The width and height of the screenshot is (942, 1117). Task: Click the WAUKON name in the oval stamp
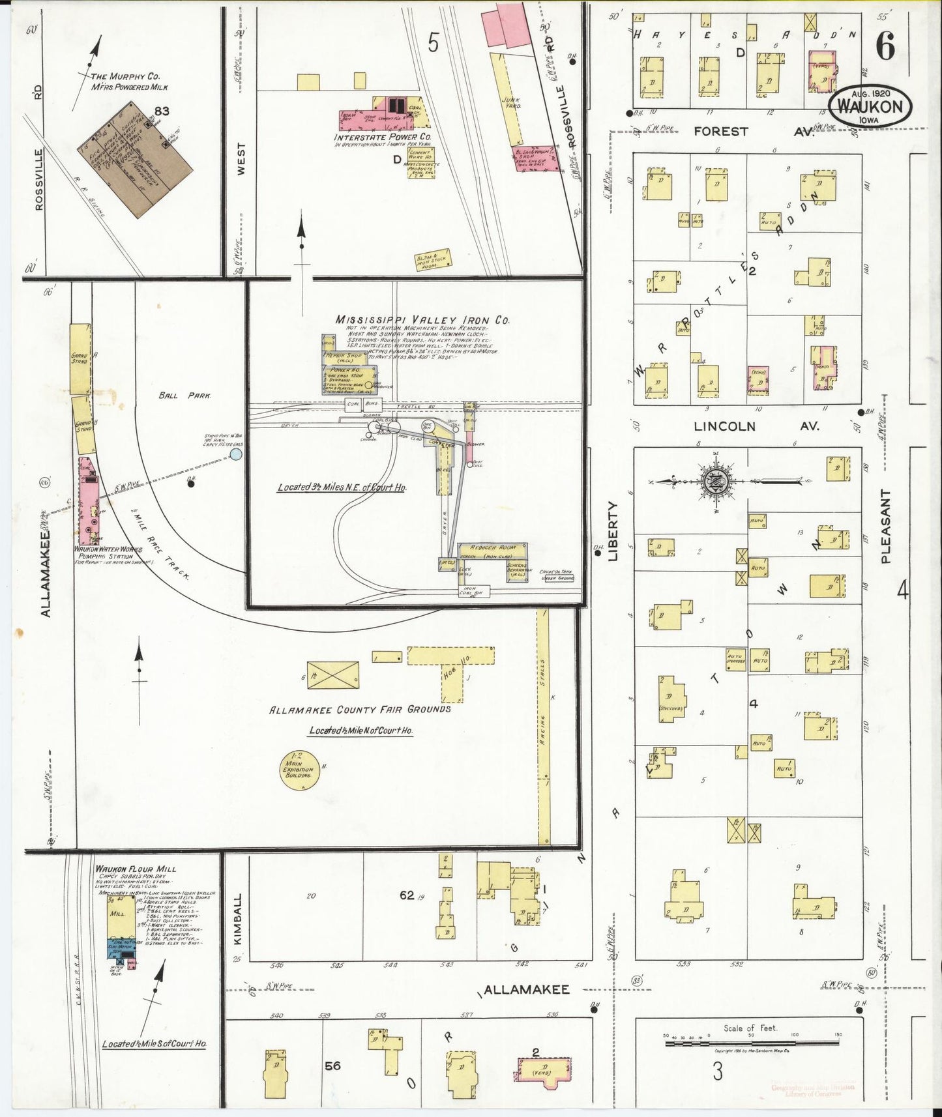(x=870, y=108)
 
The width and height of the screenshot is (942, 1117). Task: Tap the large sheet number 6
(x=885, y=46)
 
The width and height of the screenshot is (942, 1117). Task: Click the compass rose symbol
(x=715, y=482)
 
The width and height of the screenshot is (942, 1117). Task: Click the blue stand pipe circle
(x=236, y=454)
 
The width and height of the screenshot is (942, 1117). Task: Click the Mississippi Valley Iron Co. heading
(x=422, y=320)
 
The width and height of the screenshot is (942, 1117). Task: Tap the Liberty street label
(x=612, y=530)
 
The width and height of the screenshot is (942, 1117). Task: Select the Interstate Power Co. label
(x=383, y=138)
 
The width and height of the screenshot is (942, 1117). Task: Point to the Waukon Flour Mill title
(x=136, y=869)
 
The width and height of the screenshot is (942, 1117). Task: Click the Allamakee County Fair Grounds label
(x=360, y=709)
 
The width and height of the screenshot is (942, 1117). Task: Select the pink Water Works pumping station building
(x=88, y=500)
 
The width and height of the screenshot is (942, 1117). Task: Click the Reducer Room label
(x=489, y=548)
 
